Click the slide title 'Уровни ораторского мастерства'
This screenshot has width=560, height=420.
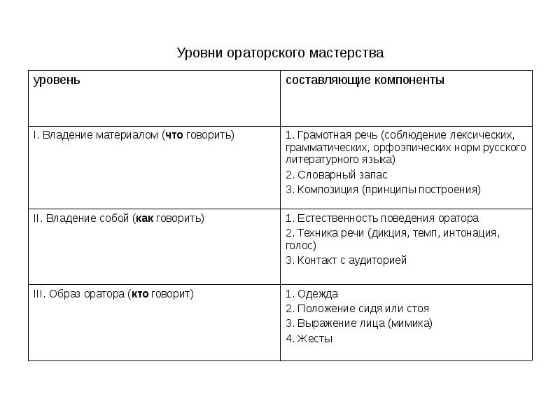point(280,53)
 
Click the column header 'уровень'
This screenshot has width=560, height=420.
point(57,80)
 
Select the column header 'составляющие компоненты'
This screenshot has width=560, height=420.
point(365,80)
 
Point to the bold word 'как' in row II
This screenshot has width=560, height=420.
point(144,218)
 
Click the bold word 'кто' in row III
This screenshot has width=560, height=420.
point(140,294)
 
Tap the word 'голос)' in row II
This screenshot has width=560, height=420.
point(301,246)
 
